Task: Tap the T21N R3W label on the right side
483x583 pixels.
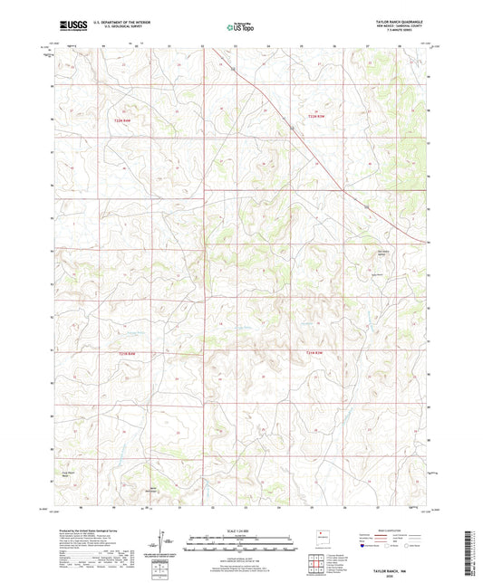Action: click(x=313, y=352)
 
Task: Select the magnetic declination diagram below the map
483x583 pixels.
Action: click(x=161, y=543)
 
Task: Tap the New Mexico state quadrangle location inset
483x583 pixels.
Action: click(x=319, y=538)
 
